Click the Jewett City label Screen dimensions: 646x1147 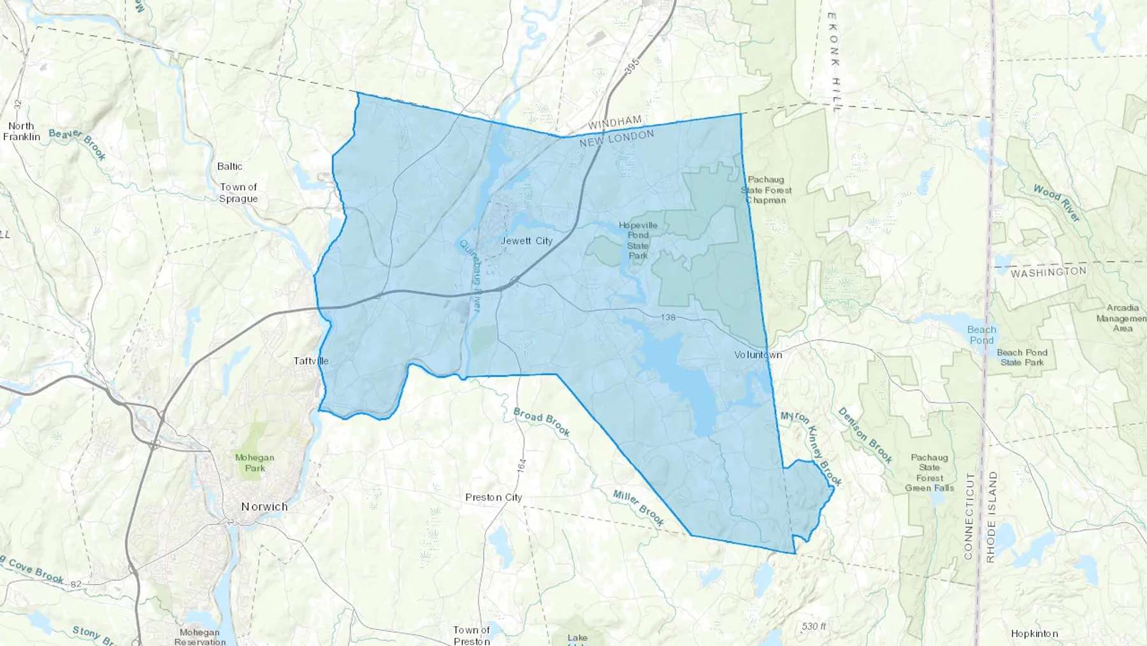(x=526, y=240)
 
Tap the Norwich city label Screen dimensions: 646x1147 (x=264, y=506)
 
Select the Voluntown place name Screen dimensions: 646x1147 (x=758, y=355)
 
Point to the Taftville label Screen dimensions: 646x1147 (x=311, y=361)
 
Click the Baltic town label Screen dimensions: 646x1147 (x=229, y=166)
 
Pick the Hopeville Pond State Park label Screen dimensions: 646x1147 (x=638, y=240)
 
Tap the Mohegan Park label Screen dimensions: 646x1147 (x=254, y=462)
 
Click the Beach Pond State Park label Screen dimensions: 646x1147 (x=1022, y=357)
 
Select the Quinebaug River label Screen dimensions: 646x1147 (x=471, y=275)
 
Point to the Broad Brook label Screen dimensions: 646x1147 (x=542, y=422)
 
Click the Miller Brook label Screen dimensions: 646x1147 (x=638, y=508)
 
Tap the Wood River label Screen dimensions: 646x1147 (x=1057, y=203)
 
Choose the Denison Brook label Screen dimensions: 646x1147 (x=865, y=435)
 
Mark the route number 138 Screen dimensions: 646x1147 (x=668, y=317)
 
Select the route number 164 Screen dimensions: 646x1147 (x=522, y=466)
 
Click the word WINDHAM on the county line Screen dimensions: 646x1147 (x=615, y=122)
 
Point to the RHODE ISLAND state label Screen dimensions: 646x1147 (x=991, y=517)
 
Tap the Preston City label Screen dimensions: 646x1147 (x=493, y=497)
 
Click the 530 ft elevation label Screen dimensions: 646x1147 (x=814, y=626)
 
